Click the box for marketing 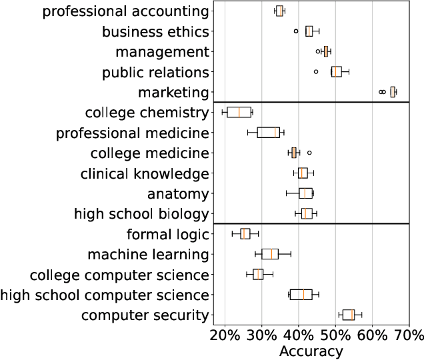(x=393, y=92)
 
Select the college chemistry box (x=239, y=112)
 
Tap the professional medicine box (x=268, y=132)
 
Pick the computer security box (x=349, y=315)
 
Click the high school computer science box (x=301, y=295)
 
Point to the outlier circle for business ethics (x=296, y=31)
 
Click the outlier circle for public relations (x=316, y=71)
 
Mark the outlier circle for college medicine (x=309, y=153)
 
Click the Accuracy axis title (x=311, y=350)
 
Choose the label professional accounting (x=125, y=11)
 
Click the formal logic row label (x=167, y=234)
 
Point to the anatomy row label (x=179, y=193)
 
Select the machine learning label (x=148, y=254)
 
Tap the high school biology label (x=141, y=213)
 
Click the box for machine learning (x=270, y=254)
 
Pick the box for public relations (x=336, y=71)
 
